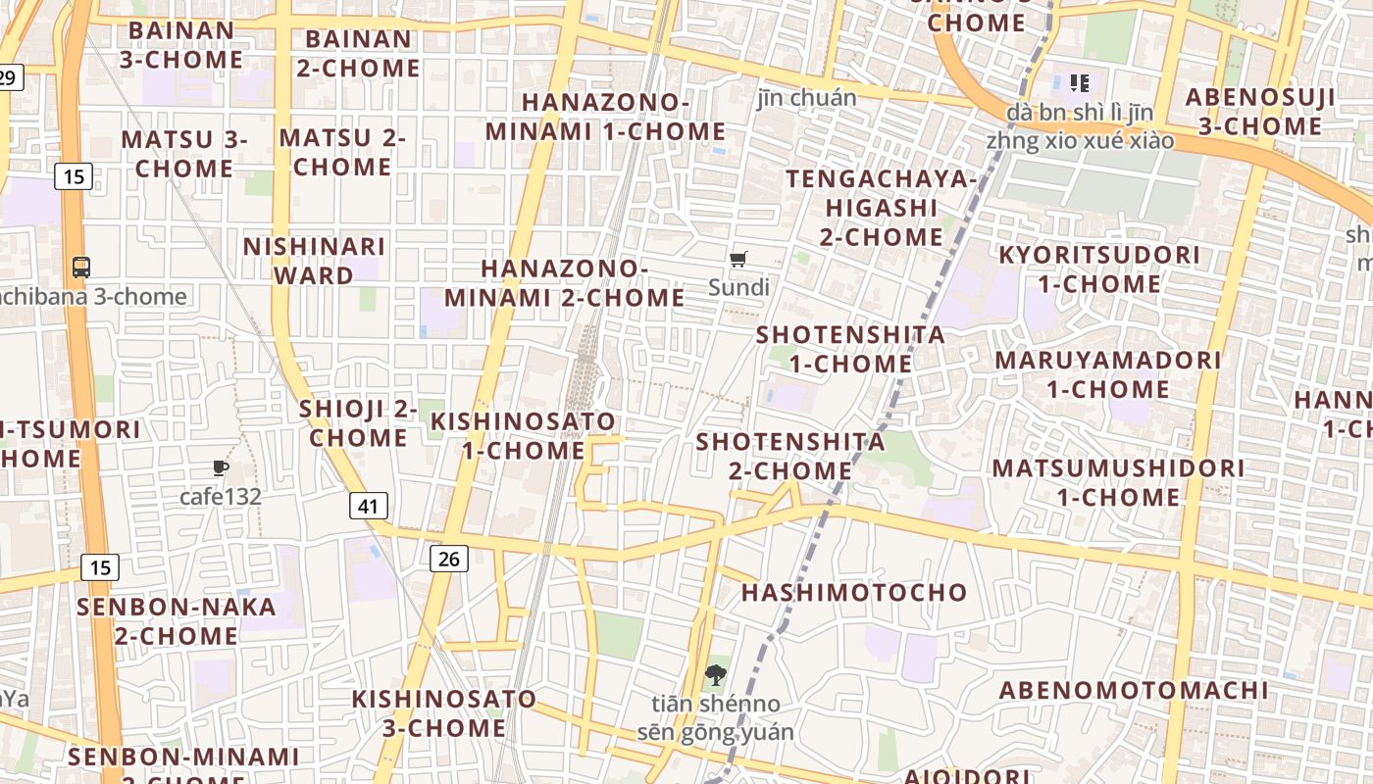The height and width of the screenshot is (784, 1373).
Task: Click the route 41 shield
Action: point(368,506)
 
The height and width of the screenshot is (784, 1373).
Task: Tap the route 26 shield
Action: point(448,559)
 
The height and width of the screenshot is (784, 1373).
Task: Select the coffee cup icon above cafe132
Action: point(221,468)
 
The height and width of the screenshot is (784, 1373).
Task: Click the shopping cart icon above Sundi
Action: point(738,260)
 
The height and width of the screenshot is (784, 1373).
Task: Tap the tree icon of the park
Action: point(716,674)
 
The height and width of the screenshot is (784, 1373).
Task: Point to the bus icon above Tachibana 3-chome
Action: point(81,267)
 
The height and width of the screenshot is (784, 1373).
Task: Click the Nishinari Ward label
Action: point(314,261)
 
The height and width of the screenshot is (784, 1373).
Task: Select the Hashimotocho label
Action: point(854,592)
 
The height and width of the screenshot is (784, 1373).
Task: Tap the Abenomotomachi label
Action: point(1134,690)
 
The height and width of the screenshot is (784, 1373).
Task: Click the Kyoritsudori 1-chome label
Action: point(1098,269)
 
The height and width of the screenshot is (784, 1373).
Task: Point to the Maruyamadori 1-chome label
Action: point(1108,374)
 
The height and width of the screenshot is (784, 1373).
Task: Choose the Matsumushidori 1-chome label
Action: point(1118,482)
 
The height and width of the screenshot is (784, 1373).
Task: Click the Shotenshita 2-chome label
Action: point(790,456)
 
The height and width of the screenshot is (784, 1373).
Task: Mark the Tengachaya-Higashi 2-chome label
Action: point(882,208)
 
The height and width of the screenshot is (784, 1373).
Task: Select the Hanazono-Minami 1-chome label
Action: point(606,117)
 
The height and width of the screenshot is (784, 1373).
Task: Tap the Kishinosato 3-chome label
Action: point(444,713)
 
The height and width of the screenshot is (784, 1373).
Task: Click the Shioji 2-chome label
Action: point(358,423)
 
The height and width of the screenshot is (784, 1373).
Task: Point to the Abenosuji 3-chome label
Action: point(1260,112)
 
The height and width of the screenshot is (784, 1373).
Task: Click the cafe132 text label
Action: point(221,497)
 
